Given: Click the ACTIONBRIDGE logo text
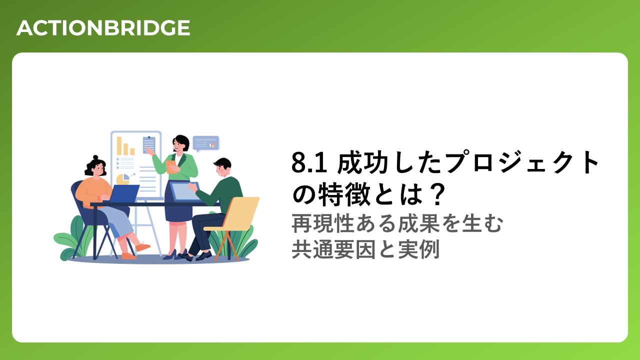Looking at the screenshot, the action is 103,28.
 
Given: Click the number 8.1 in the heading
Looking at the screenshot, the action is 309,163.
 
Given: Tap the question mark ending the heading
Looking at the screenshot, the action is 437,194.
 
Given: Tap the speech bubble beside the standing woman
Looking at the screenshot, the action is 205,143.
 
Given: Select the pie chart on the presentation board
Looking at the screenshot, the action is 123,179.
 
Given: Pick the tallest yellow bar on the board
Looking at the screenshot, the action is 119,145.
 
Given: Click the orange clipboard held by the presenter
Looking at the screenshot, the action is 171,167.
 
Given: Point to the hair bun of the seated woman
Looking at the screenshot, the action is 95,157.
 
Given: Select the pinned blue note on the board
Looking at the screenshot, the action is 149,145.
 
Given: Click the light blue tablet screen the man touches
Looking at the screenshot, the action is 184,191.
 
